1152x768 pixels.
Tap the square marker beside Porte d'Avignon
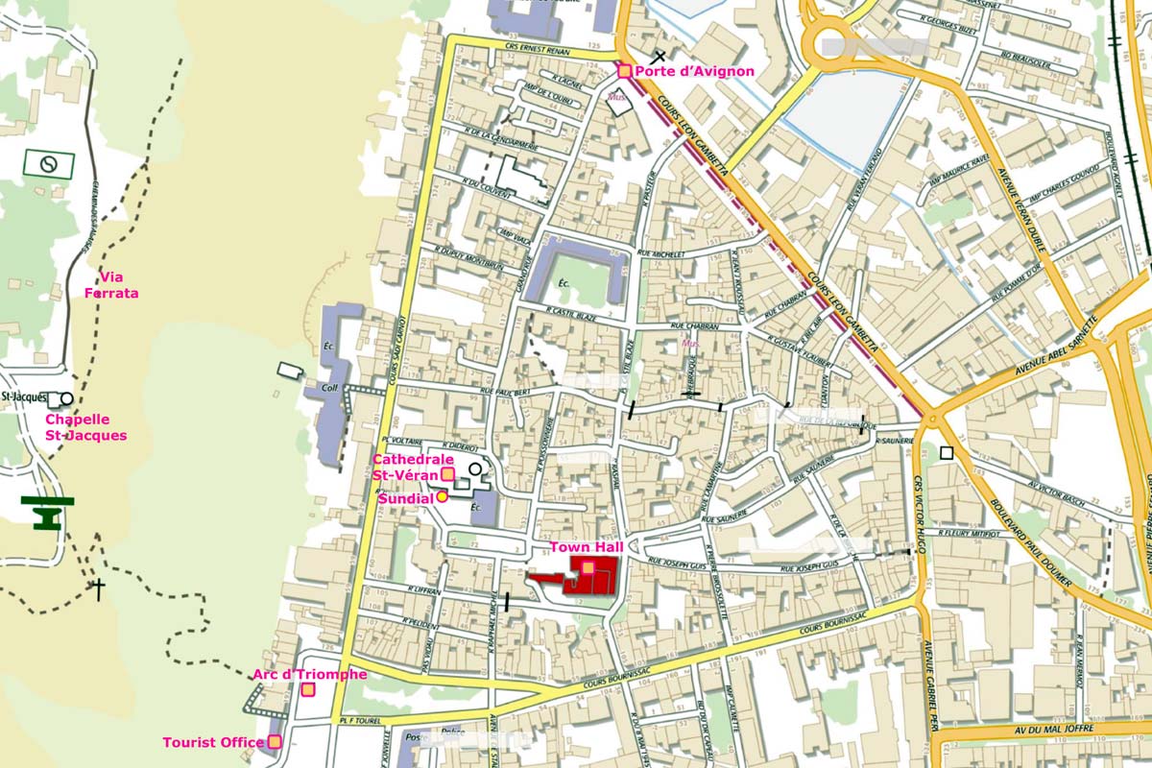pyautogui.click(x=624, y=70)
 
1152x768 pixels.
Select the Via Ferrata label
pyautogui.click(x=111, y=285)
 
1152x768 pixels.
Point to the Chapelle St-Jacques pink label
pyautogui.click(x=86, y=427)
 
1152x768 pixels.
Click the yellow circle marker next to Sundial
pyautogui.click(x=442, y=496)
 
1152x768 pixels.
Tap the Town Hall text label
pyautogui.click(x=587, y=547)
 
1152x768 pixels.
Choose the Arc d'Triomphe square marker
pyautogui.click(x=308, y=689)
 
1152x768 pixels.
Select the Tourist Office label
pyautogui.click(x=212, y=742)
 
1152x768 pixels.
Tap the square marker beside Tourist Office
pyautogui.click(x=275, y=741)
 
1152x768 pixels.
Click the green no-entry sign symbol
pyautogui.click(x=48, y=164)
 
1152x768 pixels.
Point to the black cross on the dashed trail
pyautogui.click(x=97, y=588)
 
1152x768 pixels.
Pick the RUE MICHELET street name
pyautogui.click(x=661, y=254)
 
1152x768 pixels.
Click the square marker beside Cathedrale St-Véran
pyautogui.click(x=447, y=473)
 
